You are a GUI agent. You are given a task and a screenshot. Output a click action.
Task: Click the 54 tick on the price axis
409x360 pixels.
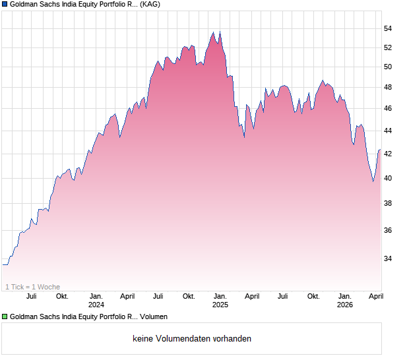[x=389, y=29]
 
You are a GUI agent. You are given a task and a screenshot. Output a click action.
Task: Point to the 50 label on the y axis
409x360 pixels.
[x=389, y=67]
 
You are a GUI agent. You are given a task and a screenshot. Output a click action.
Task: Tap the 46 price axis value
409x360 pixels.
[x=389, y=108]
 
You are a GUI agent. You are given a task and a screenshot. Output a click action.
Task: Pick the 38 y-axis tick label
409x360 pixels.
[x=389, y=204]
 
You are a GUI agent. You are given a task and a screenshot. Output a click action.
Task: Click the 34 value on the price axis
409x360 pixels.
[x=389, y=258]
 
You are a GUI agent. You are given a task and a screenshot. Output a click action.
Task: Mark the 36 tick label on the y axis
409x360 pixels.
[x=389, y=230]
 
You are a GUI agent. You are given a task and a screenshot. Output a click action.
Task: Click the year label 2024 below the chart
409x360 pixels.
[x=96, y=305]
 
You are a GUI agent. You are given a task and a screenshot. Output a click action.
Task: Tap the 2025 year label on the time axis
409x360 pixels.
[x=220, y=305]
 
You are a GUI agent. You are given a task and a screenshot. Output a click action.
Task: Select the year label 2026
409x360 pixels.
[x=345, y=305]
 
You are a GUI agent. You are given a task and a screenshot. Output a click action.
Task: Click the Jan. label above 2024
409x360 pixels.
[x=96, y=297]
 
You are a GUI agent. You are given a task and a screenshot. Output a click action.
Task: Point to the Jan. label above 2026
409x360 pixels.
[x=345, y=297]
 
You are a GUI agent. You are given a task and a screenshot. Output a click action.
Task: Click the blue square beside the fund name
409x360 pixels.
[x=5, y=4]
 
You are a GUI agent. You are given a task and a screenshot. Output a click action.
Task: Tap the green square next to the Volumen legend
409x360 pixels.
[x=5, y=316]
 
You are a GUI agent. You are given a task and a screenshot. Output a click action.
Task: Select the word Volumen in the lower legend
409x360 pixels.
[x=152, y=316]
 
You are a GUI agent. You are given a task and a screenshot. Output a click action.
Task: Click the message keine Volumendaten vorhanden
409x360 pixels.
[x=192, y=339]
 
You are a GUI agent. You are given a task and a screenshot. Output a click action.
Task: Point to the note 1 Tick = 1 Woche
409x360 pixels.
[x=32, y=287]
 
